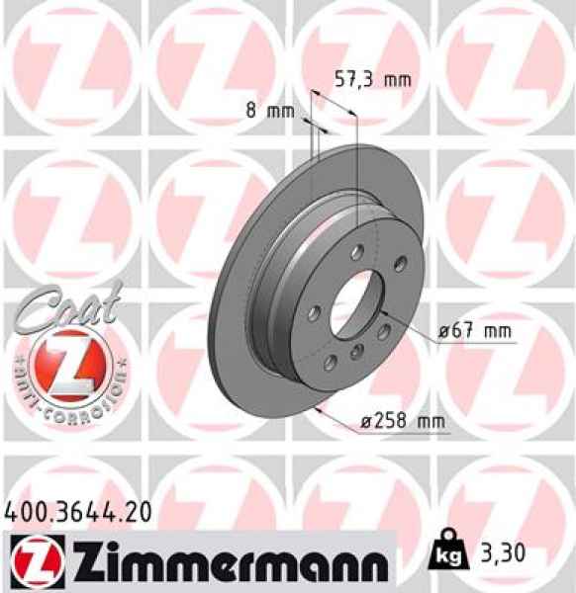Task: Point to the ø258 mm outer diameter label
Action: click(x=401, y=422)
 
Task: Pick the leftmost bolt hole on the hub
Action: click(x=313, y=312)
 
